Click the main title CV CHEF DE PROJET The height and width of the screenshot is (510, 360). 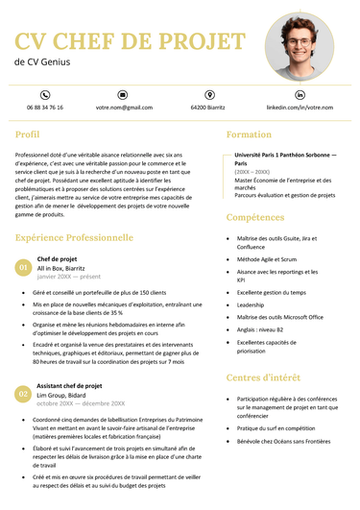point(131,40)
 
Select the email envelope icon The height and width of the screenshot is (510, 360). point(124,95)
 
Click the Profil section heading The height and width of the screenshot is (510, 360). point(28,134)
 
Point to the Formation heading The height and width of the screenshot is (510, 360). point(249,134)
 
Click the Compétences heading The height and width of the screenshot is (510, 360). point(256,218)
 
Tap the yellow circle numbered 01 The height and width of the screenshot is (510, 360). point(23,267)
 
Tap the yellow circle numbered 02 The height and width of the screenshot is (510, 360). point(23,394)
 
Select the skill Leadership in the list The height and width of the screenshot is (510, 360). point(251,304)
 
